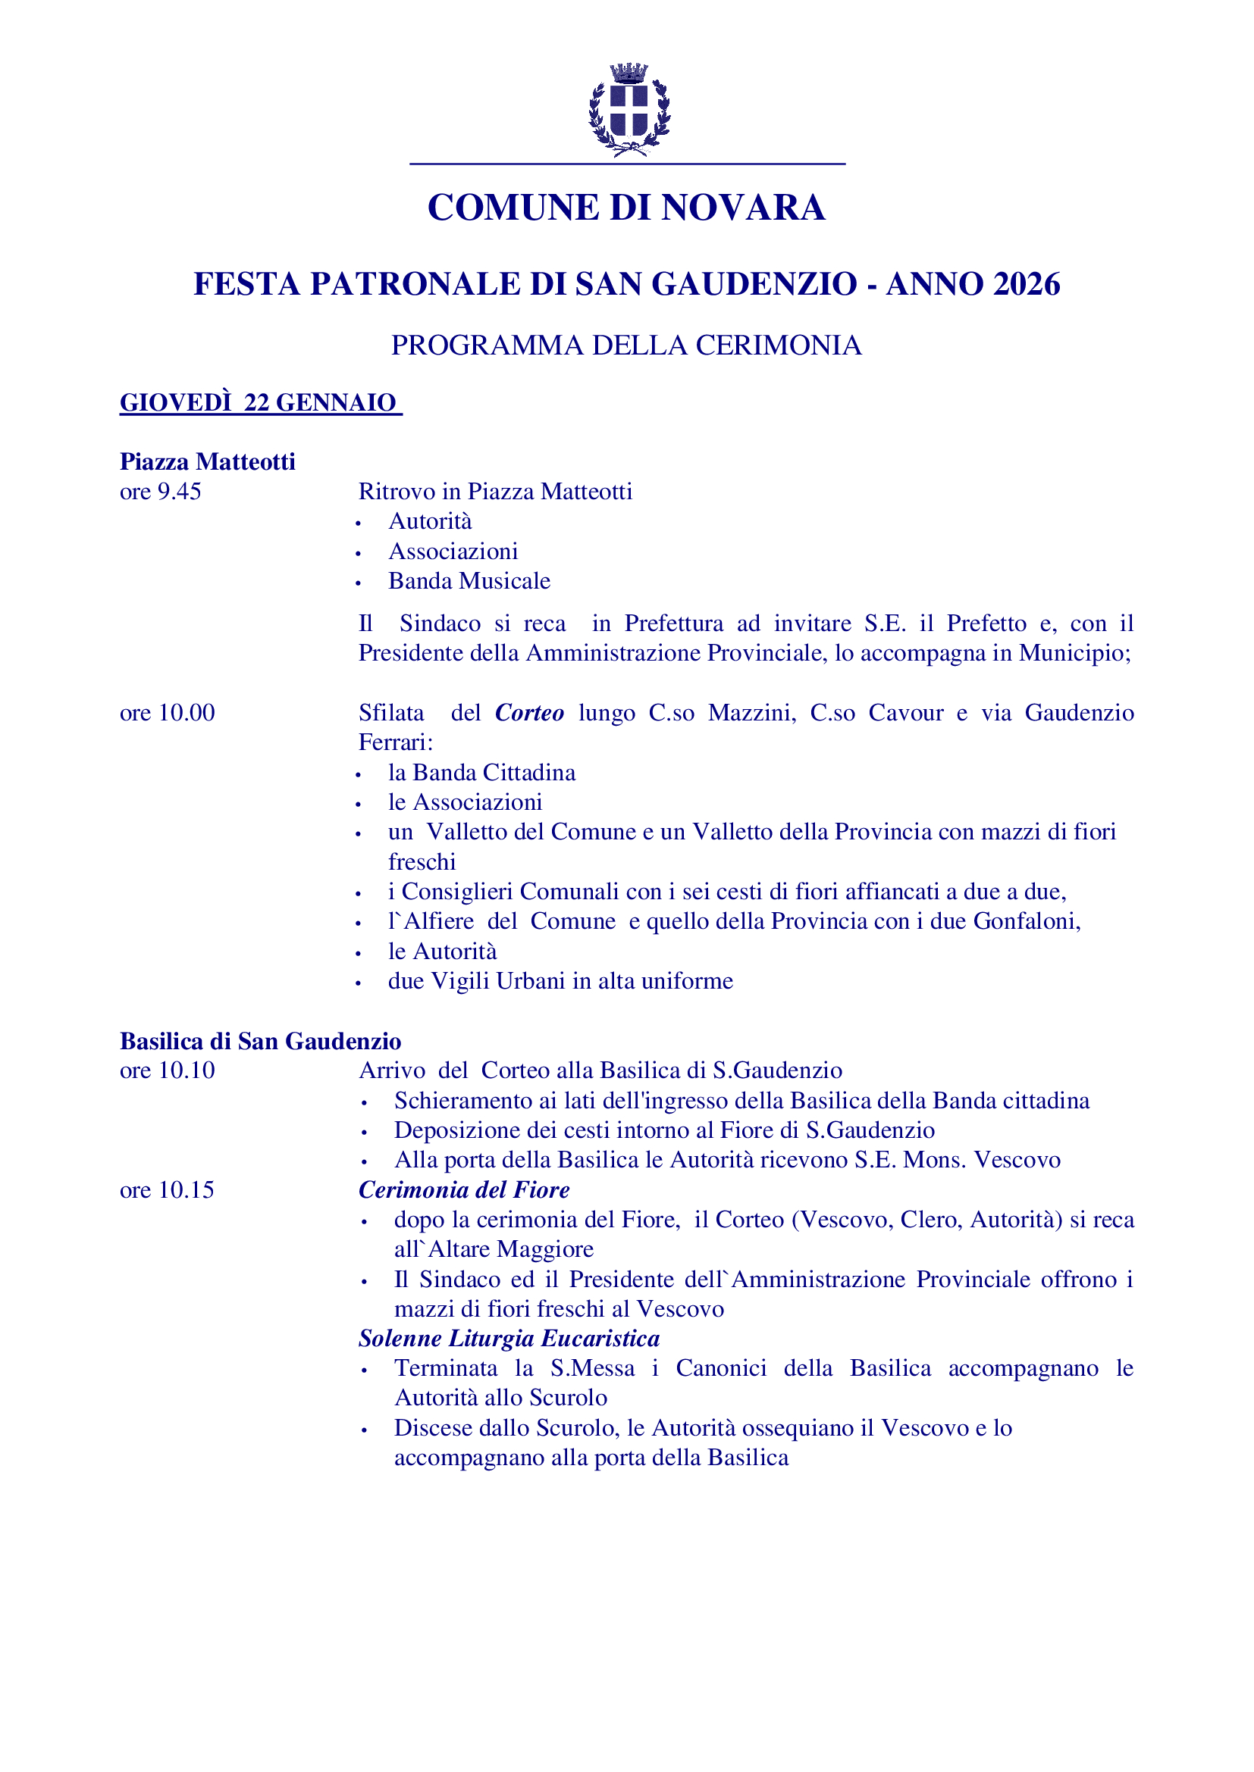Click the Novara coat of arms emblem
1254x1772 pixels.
(x=629, y=110)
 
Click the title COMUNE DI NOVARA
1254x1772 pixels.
(x=626, y=208)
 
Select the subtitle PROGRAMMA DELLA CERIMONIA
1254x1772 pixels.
(x=626, y=345)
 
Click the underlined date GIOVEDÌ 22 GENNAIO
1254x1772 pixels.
(x=259, y=402)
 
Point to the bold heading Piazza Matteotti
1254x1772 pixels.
(x=207, y=461)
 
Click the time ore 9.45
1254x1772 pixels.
(x=160, y=492)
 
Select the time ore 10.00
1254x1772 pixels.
(x=167, y=712)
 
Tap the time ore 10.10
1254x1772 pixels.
(x=167, y=1070)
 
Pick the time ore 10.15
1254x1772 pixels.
(x=167, y=1190)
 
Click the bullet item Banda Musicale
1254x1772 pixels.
(x=469, y=581)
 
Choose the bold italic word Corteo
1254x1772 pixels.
(x=529, y=712)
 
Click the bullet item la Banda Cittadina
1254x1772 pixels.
(x=481, y=773)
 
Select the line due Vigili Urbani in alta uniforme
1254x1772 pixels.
(x=560, y=981)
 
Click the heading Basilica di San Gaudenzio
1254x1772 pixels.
(x=260, y=1041)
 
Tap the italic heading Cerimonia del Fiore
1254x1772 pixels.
(x=463, y=1190)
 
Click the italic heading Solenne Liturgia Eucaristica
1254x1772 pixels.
(x=509, y=1338)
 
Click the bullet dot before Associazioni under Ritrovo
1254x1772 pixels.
(x=359, y=553)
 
